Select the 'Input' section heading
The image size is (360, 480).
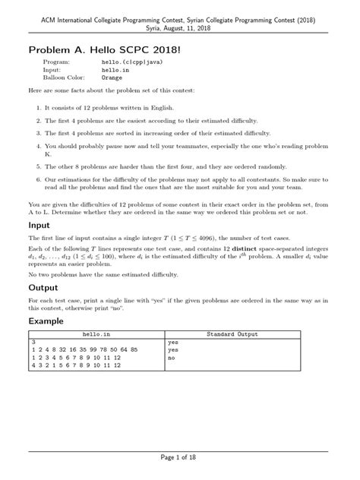pos(40,225)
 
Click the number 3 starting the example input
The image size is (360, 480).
pos(33,343)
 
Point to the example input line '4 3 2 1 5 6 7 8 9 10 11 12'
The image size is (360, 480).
pos(76,365)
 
